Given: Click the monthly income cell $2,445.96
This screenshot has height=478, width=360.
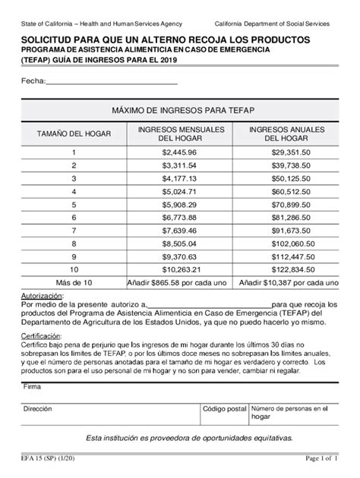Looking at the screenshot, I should (179, 153).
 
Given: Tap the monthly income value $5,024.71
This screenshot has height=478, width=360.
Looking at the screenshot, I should (179, 191).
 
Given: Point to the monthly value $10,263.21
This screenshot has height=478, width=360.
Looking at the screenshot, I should (179, 269).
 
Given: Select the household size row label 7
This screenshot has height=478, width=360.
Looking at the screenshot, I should (74, 230).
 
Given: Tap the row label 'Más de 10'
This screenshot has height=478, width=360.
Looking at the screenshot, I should (74, 281).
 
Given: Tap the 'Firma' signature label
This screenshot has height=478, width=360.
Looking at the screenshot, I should (33, 386).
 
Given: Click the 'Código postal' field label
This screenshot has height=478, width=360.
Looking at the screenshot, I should (224, 407).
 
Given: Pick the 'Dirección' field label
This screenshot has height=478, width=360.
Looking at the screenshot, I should (38, 407).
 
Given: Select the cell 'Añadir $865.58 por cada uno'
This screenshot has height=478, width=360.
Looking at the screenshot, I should (179, 281).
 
